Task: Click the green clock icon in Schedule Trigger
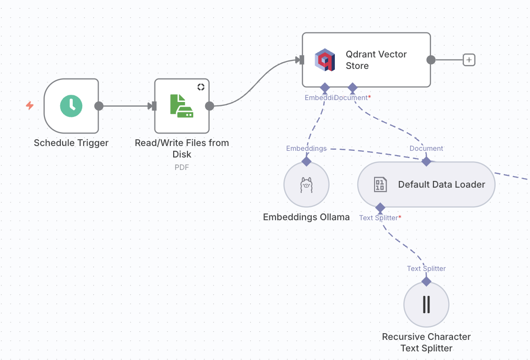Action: point(71,106)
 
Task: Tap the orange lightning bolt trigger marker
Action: point(30,106)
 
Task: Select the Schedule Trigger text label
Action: point(71,143)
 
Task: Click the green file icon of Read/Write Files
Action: point(181,106)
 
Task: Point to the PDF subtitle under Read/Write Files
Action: point(182,167)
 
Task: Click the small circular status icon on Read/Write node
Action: point(200,87)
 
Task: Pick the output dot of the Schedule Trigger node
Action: point(99,106)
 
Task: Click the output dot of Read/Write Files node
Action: point(210,106)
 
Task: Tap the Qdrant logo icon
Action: point(325,60)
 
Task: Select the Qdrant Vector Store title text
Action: point(376,60)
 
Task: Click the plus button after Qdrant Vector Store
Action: point(469,60)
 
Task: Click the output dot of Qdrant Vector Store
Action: point(431,60)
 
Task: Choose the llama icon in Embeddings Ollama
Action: point(306,185)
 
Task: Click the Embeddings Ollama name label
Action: point(306,217)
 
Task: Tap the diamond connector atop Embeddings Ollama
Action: point(306,161)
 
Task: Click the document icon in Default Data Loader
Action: point(380,185)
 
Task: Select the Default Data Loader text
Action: point(442,185)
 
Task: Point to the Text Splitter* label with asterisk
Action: point(380,218)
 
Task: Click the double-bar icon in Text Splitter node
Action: point(426,304)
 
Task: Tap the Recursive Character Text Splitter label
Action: point(426,342)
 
